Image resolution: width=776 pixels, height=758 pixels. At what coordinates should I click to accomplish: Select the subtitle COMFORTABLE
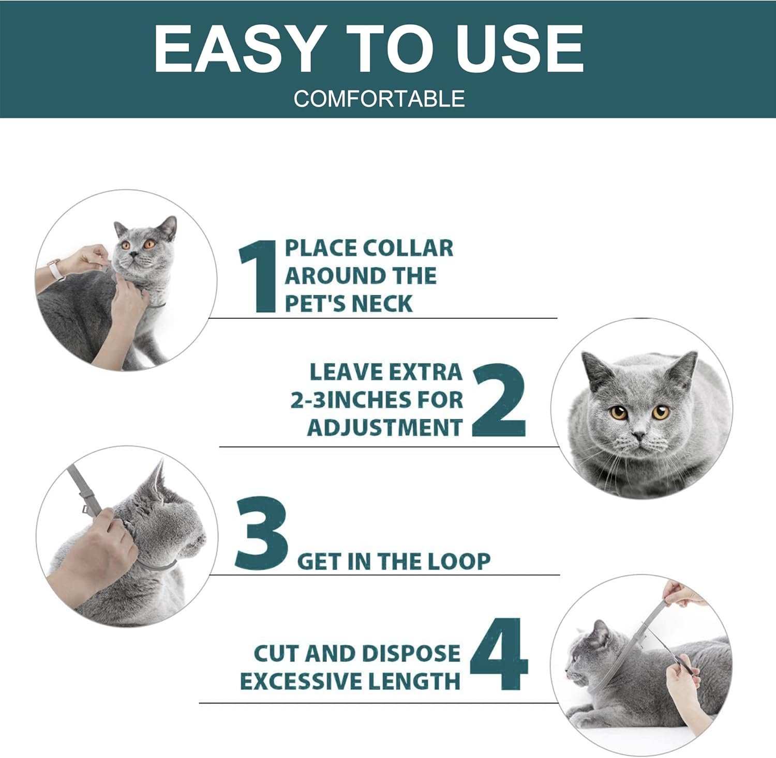point(379,99)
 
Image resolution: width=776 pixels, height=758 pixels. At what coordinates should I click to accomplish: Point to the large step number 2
point(499,400)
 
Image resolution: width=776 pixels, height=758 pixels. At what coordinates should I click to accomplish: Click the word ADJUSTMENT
point(384,428)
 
